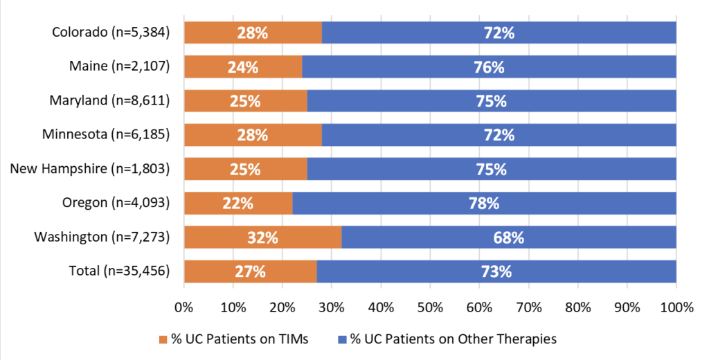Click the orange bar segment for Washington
(x=262, y=237)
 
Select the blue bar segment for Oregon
(x=484, y=203)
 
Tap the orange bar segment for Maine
(x=243, y=67)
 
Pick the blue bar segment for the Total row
(x=496, y=271)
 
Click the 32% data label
(x=262, y=237)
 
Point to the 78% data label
(x=484, y=204)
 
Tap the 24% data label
(x=243, y=67)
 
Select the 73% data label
(x=496, y=272)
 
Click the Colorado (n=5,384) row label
(x=111, y=33)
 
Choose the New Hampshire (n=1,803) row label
(x=90, y=169)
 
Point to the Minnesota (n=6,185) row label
(x=106, y=134)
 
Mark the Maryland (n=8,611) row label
(x=109, y=100)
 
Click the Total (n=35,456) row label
(x=119, y=271)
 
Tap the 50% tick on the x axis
(x=430, y=307)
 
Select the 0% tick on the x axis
(x=184, y=307)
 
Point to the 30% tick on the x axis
(x=332, y=307)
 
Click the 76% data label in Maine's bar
(x=489, y=67)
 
